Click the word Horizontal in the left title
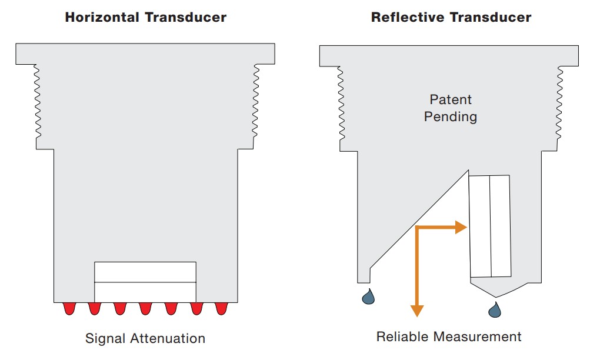pyautogui.click(x=101, y=17)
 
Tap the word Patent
pyautogui.click(x=451, y=99)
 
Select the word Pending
pyautogui.click(x=451, y=116)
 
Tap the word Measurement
pyautogui.click(x=478, y=336)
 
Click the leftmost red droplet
pyautogui.click(x=69, y=308)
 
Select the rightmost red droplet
pyautogui.click(x=221, y=308)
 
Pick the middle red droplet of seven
pyautogui.click(x=145, y=308)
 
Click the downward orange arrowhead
pyautogui.click(x=417, y=311)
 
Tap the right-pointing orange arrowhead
pyautogui.click(x=462, y=228)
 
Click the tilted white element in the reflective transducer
pyautogui.click(x=489, y=226)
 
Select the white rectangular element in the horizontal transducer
pyautogui.click(x=145, y=281)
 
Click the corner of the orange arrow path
pyautogui.click(x=417, y=228)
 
